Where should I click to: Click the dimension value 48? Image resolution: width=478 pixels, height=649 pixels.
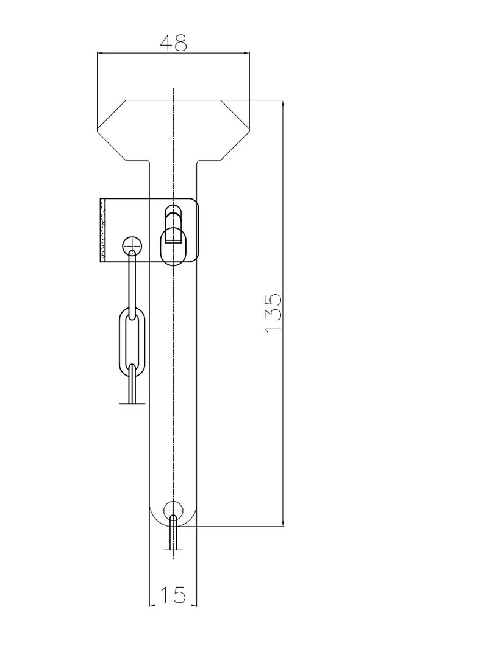tap(173, 43)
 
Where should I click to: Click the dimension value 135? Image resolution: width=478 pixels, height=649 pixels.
tap(273, 313)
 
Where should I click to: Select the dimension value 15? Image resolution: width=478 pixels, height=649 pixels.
tap(173, 595)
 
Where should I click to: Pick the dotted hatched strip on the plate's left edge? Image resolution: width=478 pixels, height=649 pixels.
tap(102, 230)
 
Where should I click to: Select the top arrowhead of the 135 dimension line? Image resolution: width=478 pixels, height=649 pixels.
tap(283, 103)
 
